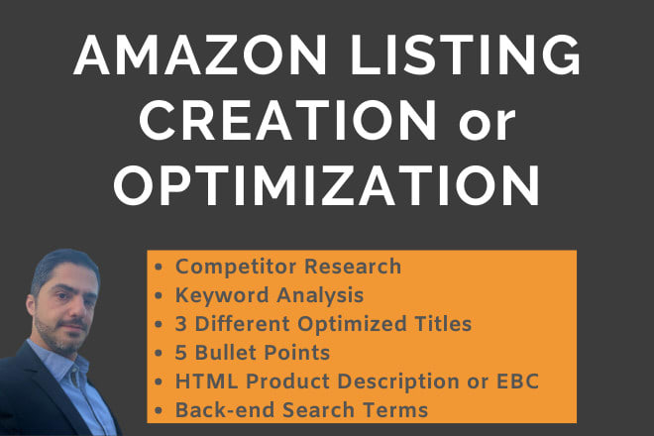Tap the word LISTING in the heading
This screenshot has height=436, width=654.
pyautogui.click(x=465, y=54)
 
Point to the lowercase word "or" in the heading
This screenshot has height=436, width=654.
pyautogui.click(x=488, y=125)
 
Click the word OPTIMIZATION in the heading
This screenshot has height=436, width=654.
pyautogui.click(x=327, y=185)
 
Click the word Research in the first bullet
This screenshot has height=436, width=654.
pyautogui.click(x=353, y=267)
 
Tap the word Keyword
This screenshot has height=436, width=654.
pyautogui.click(x=222, y=295)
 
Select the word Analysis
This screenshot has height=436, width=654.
pyautogui.click(x=320, y=295)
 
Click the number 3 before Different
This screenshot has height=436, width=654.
pyautogui.click(x=180, y=324)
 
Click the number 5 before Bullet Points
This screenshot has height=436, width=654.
pyautogui.click(x=180, y=353)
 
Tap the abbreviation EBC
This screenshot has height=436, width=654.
pyautogui.click(x=517, y=381)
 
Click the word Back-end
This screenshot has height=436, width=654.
pyautogui.click(x=225, y=409)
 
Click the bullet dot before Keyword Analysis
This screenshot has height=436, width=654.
pyautogui.click(x=159, y=296)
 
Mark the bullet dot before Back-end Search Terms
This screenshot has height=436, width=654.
pyautogui.click(x=159, y=410)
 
